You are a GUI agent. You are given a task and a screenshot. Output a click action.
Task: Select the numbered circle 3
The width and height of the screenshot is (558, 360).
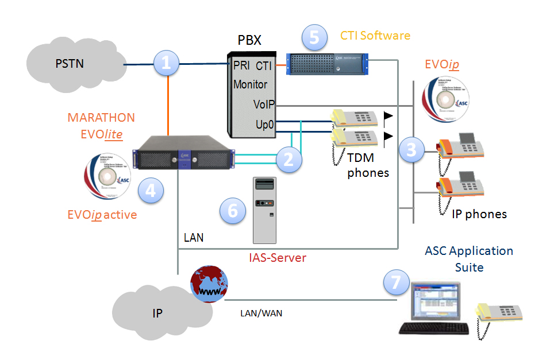pyautogui.click(x=411, y=149)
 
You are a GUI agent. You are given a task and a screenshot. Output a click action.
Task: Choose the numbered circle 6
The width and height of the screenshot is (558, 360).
pyautogui.click(x=233, y=210)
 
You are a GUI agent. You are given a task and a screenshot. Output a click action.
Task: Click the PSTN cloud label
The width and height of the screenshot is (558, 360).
pyautogui.click(x=69, y=63)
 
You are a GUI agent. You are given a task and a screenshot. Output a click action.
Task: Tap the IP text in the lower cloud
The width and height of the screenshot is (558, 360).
pyautogui.click(x=157, y=313)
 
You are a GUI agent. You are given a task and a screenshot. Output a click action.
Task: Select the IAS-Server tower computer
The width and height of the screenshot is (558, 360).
pyautogui.click(x=264, y=209)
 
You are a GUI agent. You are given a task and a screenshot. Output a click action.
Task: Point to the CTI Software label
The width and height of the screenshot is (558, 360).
pyautogui.click(x=375, y=36)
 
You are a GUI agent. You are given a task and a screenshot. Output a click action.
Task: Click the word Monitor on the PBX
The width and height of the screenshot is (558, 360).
pyautogui.click(x=250, y=84)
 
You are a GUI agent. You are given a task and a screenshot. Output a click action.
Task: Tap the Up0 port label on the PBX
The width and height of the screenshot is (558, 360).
pyautogui.click(x=265, y=124)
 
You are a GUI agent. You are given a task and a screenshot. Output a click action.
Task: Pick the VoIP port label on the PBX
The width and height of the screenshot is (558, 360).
pyautogui.click(x=264, y=104)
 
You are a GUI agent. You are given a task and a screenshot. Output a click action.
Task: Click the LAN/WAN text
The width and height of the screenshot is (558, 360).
pyautogui.click(x=261, y=313)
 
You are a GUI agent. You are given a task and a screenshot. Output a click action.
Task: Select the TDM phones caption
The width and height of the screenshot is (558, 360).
pyautogui.click(x=368, y=165)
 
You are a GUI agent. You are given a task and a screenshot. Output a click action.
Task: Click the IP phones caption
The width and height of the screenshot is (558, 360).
pyautogui.click(x=479, y=214)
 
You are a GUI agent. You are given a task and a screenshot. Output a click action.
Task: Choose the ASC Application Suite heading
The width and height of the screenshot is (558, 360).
pyautogui.click(x=469, y=259)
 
